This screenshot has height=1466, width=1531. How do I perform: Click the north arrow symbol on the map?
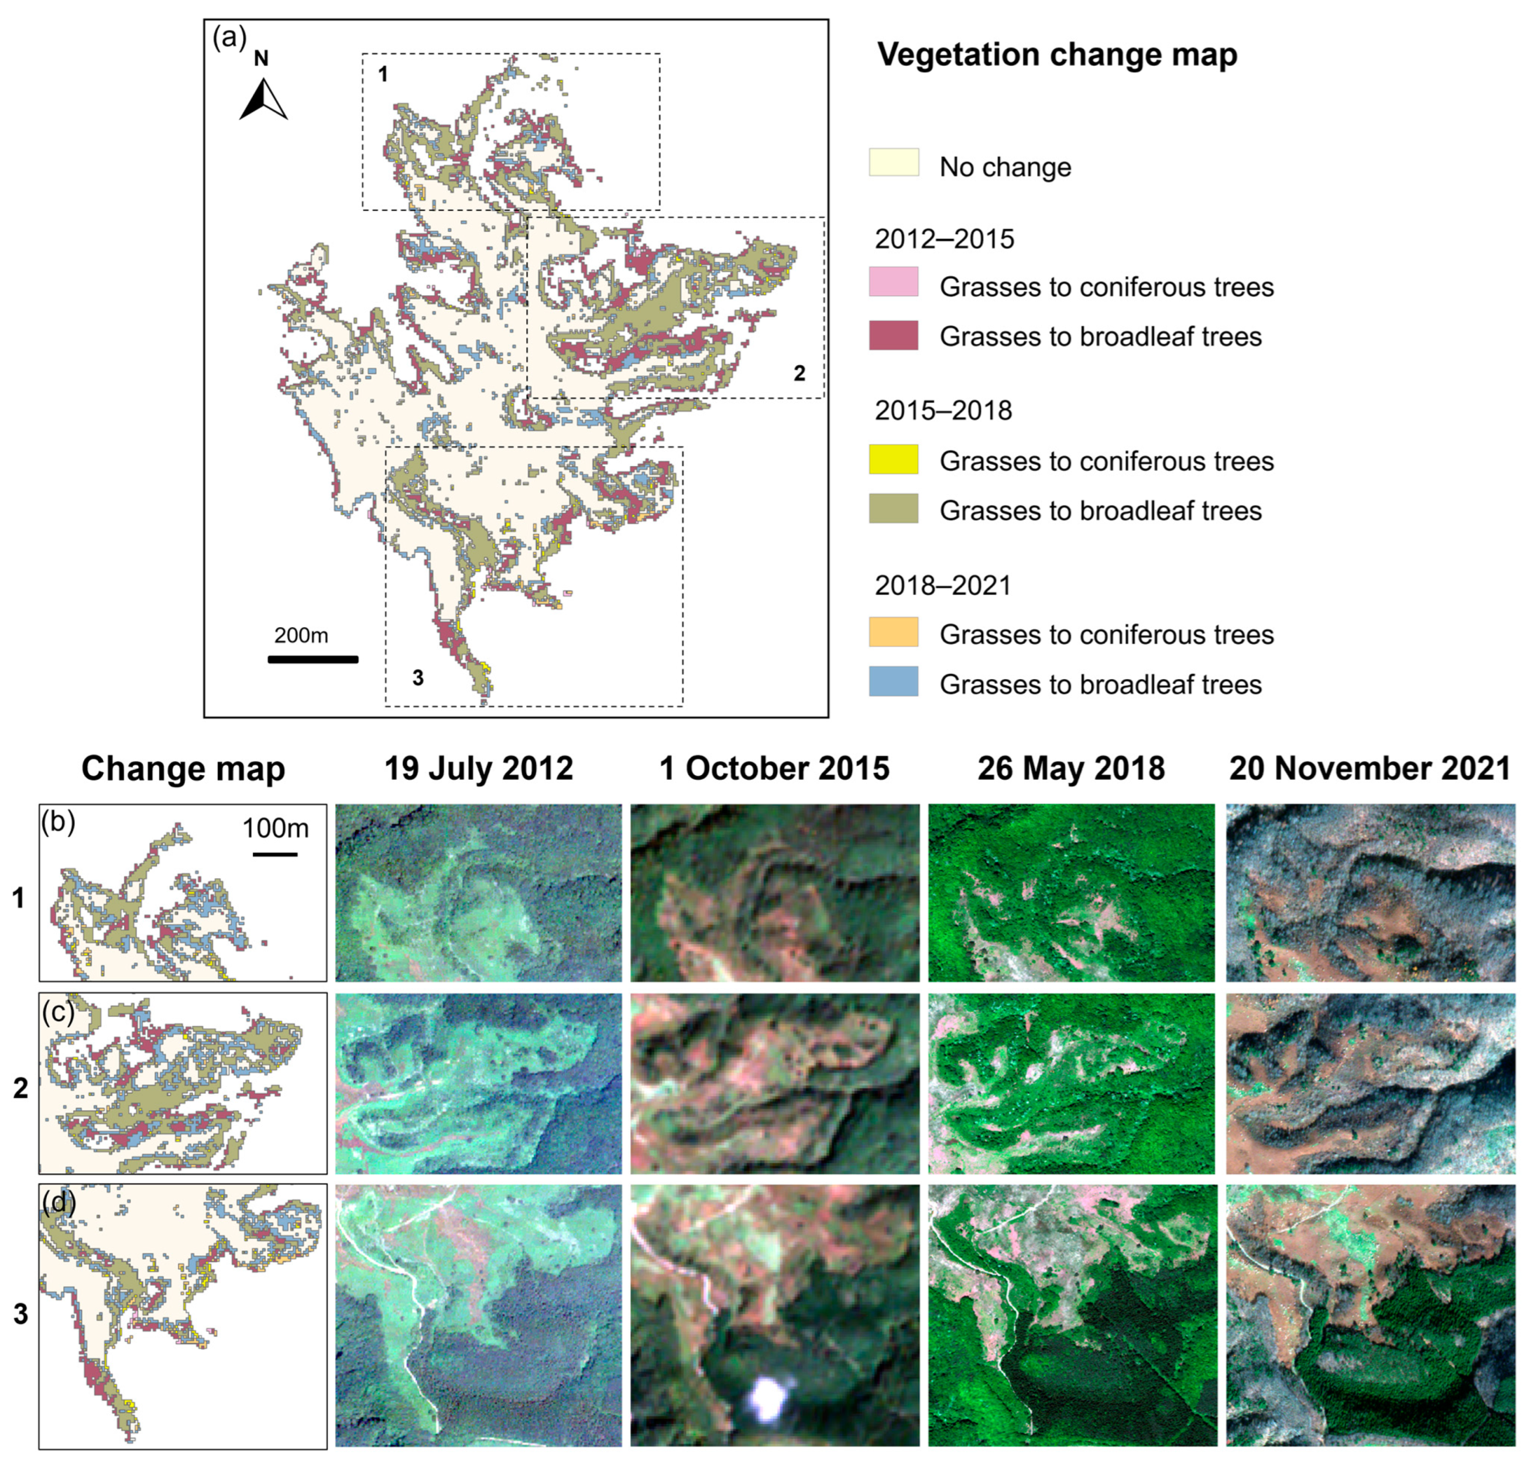pyautogui.click(x=263, y=100)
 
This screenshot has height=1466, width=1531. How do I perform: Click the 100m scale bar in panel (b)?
pyautogui.click(x=275, y=854)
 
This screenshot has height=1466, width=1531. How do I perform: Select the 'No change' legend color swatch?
pyautogui.click(x=894, y=163)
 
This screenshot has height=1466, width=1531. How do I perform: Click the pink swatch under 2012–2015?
pyautogui.click(x=894, y=282)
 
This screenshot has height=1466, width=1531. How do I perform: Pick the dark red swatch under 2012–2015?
pyautogui.click(x=894, y=335)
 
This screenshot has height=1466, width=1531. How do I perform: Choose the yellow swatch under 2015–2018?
pyautogui.click(x=894, y=460)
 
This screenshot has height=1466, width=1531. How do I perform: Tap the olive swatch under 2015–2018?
pyautogui.click(x=894, y=509)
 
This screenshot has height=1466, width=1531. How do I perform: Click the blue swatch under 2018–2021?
pyautogui.click(x=894, y=681)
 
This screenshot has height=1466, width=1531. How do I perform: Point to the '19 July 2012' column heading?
pyautogui.click(x=479, y=768)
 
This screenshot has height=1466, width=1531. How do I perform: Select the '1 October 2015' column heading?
pyautogui.click(x=774, y=768)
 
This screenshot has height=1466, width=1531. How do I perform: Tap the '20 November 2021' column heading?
pyautogui.click(x=1369, y=768)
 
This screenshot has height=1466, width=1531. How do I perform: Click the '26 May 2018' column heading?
pyautogui.click(x=1071, y=768)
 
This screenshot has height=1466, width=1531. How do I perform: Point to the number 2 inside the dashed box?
pyautogui.click(x=799, y=374)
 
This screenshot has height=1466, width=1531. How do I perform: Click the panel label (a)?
pyautogui.click(x=229, y=37)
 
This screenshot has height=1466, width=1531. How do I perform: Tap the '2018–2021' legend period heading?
pyautogui.click(x=943, y=585)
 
